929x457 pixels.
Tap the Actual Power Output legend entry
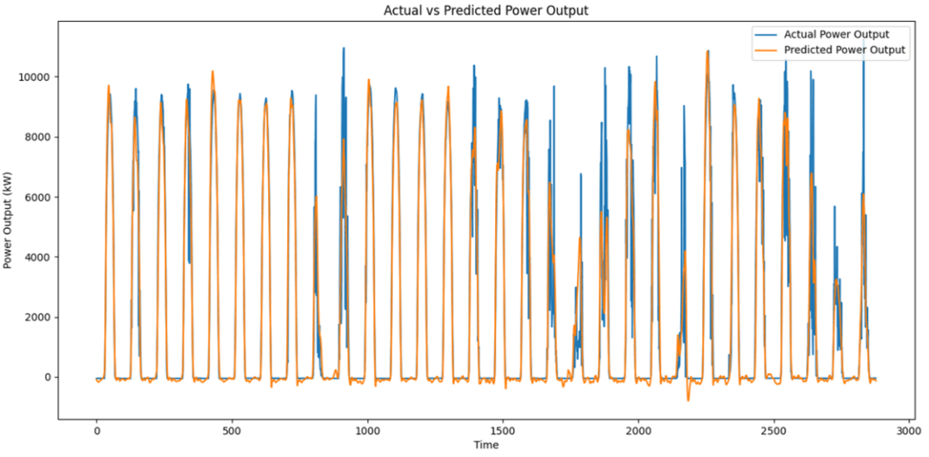836,35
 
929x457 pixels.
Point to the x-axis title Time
485,445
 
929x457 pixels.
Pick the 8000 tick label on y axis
37,137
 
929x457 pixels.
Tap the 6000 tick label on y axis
37,197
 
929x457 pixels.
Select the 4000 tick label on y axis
37,257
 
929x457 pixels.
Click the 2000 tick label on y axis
37,317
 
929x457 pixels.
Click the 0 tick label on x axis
96,430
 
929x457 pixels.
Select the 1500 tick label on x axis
503,430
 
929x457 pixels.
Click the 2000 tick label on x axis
638,430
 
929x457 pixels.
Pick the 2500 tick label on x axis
773,430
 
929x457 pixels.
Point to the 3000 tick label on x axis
908,430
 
